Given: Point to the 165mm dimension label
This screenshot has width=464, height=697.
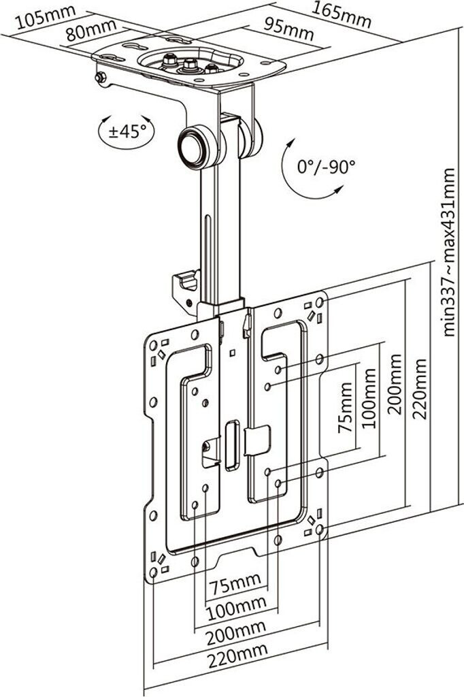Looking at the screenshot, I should pyautogui.click(x=342, y=13).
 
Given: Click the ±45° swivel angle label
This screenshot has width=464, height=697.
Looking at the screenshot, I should pyautogui.click(x=127, y=130).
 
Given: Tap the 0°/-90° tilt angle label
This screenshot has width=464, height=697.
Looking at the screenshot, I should pyautogui.click(x=327, y=166).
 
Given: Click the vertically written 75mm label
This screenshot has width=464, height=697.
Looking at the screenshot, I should pyautogui.click(x=346, y=408).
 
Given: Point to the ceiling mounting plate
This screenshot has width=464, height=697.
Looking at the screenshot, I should pyautogui.click(x=190, y=65).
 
